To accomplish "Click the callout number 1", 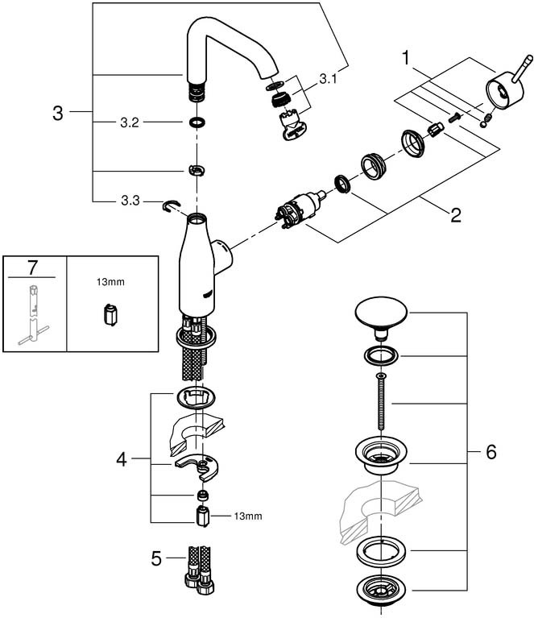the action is point(406,58).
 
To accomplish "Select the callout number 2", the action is point(456,215).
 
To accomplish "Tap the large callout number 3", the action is point(58,113).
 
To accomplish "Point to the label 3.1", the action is point(328,79).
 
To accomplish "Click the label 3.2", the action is point(130,122).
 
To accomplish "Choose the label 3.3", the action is point(130,201).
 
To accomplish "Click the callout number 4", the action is point(122,459).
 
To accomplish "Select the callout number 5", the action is point(156,558).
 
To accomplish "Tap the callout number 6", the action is point(491,452).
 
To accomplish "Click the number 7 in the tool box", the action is point(32,268).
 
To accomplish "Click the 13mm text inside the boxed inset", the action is point(110,282).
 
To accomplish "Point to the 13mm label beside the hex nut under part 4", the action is point(248,516).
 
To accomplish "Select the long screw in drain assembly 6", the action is point(381,401).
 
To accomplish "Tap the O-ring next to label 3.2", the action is point(197,122).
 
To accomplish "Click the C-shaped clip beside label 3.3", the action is point(171,205).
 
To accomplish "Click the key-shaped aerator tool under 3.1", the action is point(293,127).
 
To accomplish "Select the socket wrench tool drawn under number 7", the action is point(33,314).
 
